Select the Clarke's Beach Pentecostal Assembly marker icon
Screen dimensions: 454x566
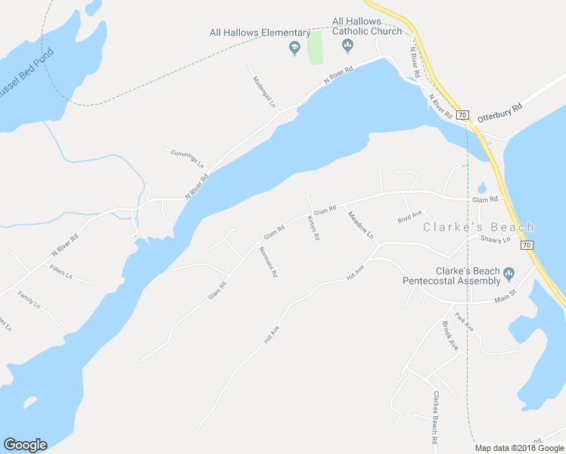pyautogui.click(x=508, y=273)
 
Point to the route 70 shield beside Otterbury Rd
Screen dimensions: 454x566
pyautogui.click(x=463, y=114)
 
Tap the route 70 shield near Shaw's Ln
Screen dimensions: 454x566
pyautogui.click(x=527, y=244)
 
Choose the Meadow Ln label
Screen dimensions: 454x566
pyautogui.click(x=360, y=224)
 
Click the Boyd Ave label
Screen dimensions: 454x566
pyautogui.click(x=409, y=219)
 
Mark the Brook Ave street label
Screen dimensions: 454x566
pyautogui.click(x=450, y=334)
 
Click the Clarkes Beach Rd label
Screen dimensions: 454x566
pyautogui.click(x=435, y=417)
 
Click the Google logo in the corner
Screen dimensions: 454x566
pyautogui.click(x=25, y=445)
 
